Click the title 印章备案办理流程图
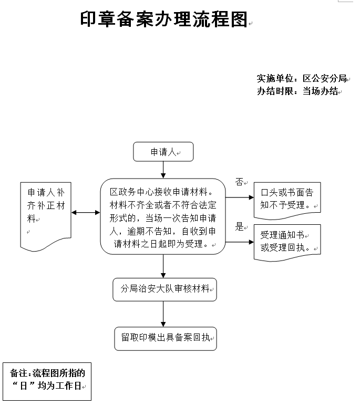[x=164, y=19]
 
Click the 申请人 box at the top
[x=163, y=152]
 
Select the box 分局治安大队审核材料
[x=164, y=289]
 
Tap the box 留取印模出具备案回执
[x=165, y=338]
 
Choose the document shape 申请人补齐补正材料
[x=46, y=213]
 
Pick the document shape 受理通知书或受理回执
[x=287, y=242]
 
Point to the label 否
[x=239, y=182]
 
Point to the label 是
[x=240, y=227]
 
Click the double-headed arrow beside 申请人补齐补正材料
[x=86, y=212]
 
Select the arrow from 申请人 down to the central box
[x=163, y=169]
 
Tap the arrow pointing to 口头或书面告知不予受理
[x=240, y=198]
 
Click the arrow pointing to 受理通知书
[x=240, y=242]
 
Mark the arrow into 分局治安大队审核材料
[x=163, y=266]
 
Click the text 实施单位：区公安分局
[x=302, y=79]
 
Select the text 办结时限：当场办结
[x=297, y=91]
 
